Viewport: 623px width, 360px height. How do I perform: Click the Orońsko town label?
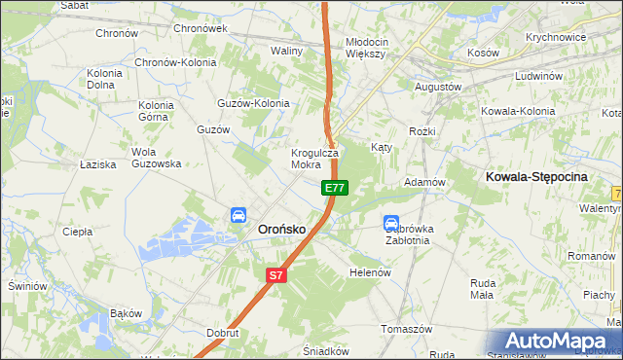coord(281,229)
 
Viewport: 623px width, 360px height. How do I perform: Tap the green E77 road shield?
coord(334,187)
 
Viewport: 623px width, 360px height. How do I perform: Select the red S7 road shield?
coord(276,275)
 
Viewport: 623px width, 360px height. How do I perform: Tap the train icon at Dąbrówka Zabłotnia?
coord(391,223)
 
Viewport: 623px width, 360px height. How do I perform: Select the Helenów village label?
coord(370,272)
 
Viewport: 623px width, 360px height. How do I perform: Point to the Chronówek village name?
coord(200,28)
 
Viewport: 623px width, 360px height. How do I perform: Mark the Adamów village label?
coord(424,183)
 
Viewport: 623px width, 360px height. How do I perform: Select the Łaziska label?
coord(98,164)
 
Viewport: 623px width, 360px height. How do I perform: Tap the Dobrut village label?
coord(223,332)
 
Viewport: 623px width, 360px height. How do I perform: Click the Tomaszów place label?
coord(406,329)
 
